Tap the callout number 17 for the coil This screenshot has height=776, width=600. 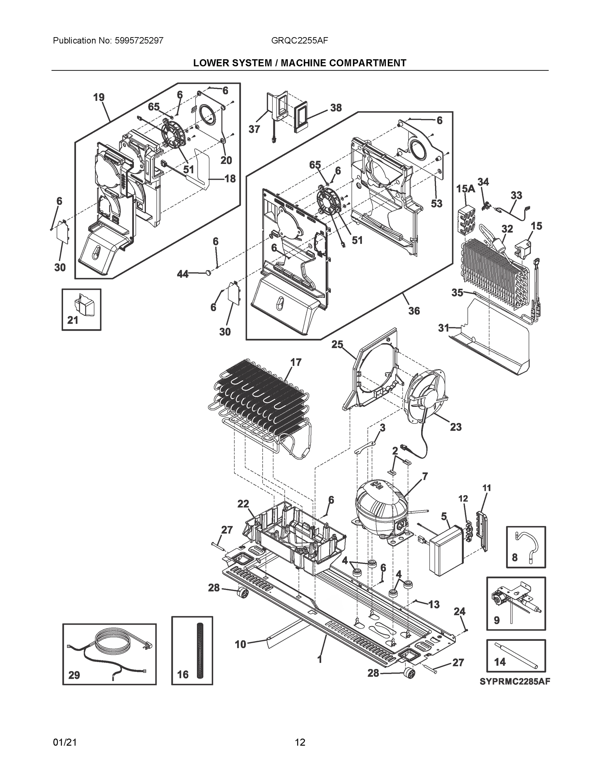pyautogui.click(x=296, y=362)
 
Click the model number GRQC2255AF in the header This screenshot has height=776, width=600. pyautogui.click(x=299, y=40)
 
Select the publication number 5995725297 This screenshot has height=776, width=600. pyautogui.click(x=139, y=40)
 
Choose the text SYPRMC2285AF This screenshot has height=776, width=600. pyautogui.click(x=515, y=682)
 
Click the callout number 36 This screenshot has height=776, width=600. pyautogui.click(x=414, y=311)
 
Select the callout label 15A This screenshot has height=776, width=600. pyautogui.click(x=466, y=189)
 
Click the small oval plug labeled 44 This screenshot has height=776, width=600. pyautogui.click(x=208, y=273)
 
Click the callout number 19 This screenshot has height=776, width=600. pyautogui.click(x=99, y=97)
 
